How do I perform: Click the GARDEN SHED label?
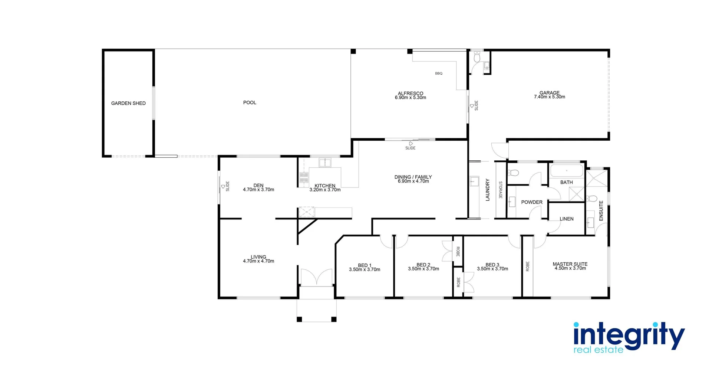pos(128,103)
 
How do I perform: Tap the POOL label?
pos(250,102)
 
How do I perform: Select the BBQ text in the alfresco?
pos(439,73)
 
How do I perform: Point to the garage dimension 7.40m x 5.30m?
pos(550,97)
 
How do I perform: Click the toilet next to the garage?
pos(477,58)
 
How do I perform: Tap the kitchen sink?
pos(325,163)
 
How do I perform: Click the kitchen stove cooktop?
pos(304,177)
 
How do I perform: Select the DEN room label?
pos(258,186)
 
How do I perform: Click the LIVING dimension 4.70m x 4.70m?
pos(258,261)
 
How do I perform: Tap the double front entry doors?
pos(316,277)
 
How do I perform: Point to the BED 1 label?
pos(365,265)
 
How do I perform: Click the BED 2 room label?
pos(423,265)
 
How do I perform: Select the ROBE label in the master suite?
pos(528,266)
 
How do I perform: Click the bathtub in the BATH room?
pos(566,171)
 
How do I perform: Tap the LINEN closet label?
pos(567,219)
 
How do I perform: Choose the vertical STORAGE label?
pos(500,190)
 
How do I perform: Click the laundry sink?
pos(474,181)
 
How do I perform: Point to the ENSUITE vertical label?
pos(601,211)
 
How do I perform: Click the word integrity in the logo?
pos(629,335)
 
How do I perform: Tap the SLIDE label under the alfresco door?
pos(410,148)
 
